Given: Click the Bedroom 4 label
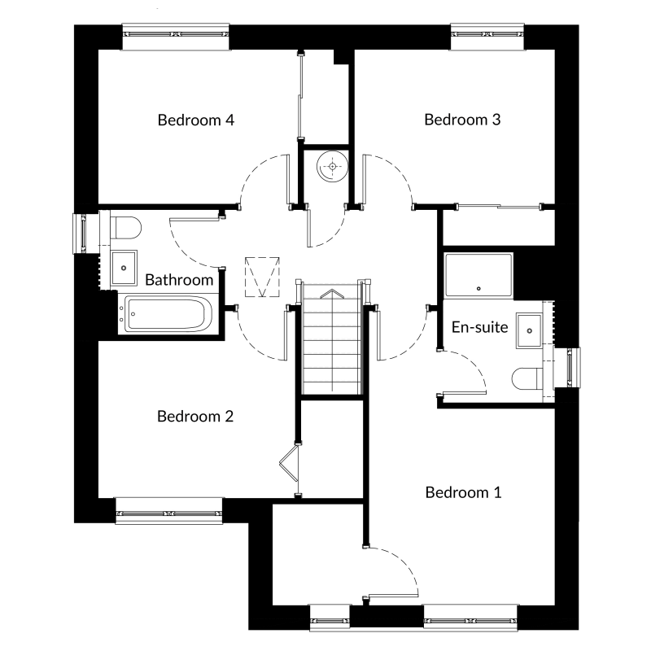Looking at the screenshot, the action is tap(196, 120).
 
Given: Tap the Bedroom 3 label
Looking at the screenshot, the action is tap(462, 120).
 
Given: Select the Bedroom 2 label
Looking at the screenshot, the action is tap(195, 416).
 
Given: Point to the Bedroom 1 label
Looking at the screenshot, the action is tap(463, 492).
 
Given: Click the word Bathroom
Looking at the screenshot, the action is tap(179, 280).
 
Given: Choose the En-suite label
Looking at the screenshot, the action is tap(479, 327).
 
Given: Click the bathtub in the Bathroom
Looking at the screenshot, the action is tap(168, 314).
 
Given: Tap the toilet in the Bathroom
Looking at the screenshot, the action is tap(125, 228).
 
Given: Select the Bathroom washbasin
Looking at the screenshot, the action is tap(124, 268).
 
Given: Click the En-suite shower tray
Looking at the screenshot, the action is tap(478, 276).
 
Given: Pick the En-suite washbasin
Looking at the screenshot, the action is tap(529, 330).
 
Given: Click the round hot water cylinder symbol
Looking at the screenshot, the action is tap(332, 167).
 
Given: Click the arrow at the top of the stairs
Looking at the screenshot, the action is tap(332, 294).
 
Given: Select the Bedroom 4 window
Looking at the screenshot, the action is tap(176, 37).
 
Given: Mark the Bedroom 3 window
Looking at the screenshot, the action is tap(487, 37).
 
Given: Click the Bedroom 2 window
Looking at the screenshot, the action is tap(169, 511).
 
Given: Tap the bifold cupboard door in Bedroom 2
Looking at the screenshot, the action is tap(290, 462).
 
